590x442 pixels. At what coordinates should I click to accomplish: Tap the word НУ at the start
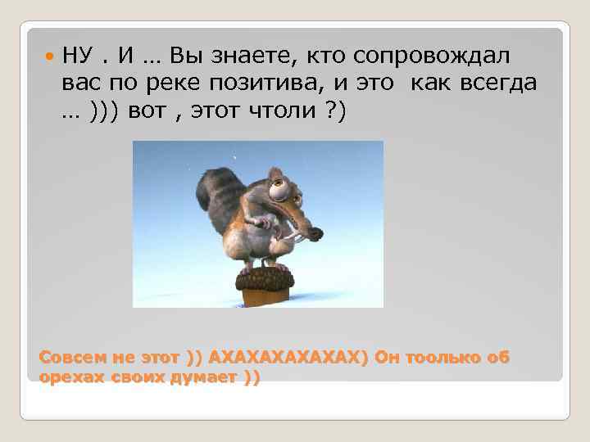click(x=79, y=56)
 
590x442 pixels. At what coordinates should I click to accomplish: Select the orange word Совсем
click(x=68, y=359)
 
